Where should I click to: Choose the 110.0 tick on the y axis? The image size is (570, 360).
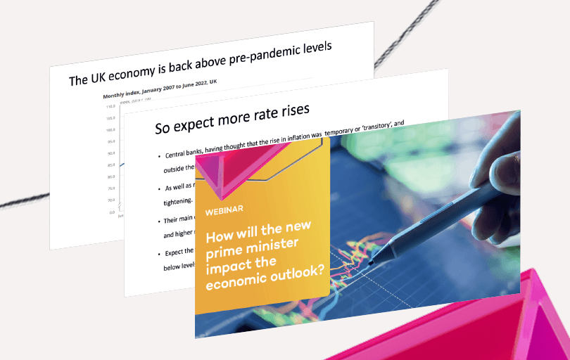coord(110,107)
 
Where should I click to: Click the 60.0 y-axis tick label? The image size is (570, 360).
coord(110,200)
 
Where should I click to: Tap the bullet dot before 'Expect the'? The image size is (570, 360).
coord(159,252)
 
